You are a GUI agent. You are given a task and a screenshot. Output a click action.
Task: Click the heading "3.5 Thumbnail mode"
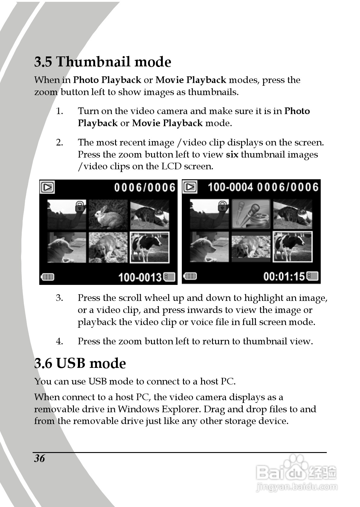pos(103,62)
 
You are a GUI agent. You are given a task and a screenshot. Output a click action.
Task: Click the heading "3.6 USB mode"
pos(80,363)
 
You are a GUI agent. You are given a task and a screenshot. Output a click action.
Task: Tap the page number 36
pos(40,458)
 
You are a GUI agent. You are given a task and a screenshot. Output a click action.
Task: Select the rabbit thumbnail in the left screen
pos(108,214)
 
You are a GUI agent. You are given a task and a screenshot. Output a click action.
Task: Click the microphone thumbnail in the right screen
pos(251,214)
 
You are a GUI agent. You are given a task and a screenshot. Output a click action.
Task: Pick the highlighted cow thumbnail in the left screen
pos(149,247)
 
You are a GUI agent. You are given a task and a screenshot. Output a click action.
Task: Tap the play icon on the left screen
pos(47,187)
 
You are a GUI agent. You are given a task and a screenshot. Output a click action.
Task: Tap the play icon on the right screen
pos(190,187)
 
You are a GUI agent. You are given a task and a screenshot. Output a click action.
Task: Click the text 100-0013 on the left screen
pos(140,277)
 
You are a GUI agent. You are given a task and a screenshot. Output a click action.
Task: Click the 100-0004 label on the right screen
pos(230,187)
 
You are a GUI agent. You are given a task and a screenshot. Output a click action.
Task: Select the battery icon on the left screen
pos(47,277)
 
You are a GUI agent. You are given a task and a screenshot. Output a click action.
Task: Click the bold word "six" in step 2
pos(232,155)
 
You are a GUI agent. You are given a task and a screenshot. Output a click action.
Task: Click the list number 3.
pos(59,298)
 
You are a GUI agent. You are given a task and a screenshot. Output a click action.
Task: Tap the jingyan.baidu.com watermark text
pos(296,487)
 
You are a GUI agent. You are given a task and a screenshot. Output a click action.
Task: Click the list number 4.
pos(59,341)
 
